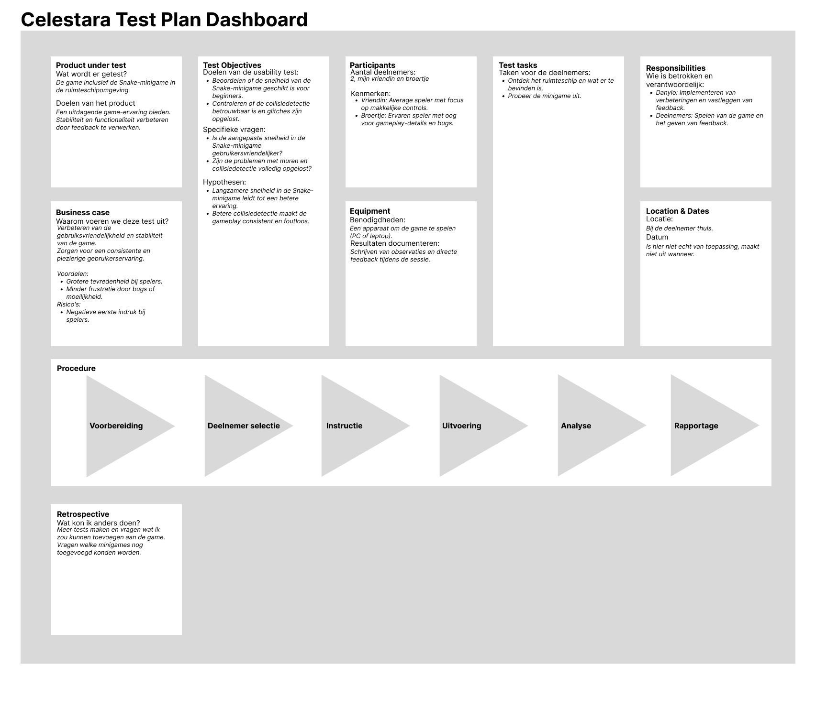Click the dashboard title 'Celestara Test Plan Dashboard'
pyautogui.click(x=164, y=20)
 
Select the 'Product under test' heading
pyautogui.click(x=91, y=65)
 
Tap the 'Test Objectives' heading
pyautogui.click(x=232, y=65)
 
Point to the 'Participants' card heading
pyautogui.click(x=372, y=65)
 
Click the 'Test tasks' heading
pyautogui.click(x=518, y=65)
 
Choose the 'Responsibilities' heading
pyautogui.click(x=675, y=68)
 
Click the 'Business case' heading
pyautogui.click(x=83, y=212)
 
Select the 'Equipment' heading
pyautogui.click(x=370, y=211)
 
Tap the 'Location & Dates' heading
pyautogui.click(x=677, y=211)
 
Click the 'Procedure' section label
pyautogui.click(x=76, y=368)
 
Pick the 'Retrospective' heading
pyautogui.click(x=83, y=514)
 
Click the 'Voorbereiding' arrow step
pyautogui.click(x=116, y=426)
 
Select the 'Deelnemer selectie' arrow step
pyautogui.click(x=244, y=426)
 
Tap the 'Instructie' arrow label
pyautogui.click(x=344, y=426)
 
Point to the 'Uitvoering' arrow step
pyautogui.click(x=461, y=426)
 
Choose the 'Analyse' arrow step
pyautogui.click(x=576, y=426)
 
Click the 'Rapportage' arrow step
pyautogui.click(x=696, y=426)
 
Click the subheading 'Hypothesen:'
pyautogui.click(x=224, y=182)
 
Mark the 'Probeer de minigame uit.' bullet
pyautogui.click(x=544, y=96)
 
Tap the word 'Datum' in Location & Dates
pyautogui.click(x=657, y=237)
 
